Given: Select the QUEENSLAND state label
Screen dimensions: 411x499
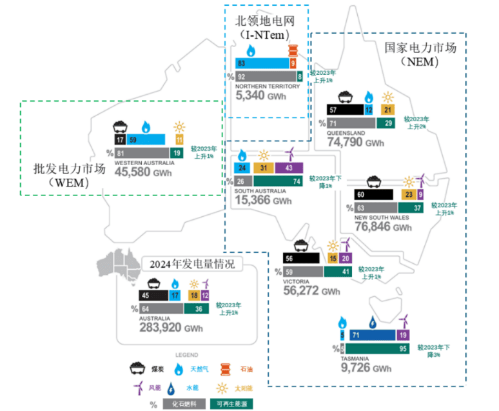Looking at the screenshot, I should (345, 133).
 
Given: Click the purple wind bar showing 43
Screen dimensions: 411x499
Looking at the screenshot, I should (289, 168).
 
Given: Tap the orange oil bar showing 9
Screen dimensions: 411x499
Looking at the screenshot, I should (293, 64).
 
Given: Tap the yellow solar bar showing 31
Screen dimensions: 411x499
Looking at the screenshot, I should (264, 168).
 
